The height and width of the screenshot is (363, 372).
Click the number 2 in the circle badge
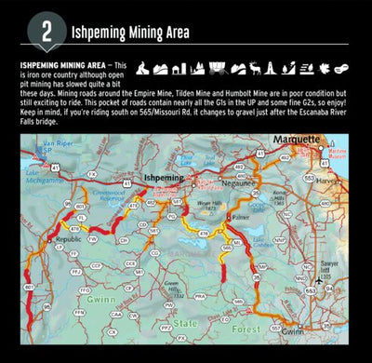coord(46,31)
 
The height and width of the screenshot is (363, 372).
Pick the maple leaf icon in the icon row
coord(325,68)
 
